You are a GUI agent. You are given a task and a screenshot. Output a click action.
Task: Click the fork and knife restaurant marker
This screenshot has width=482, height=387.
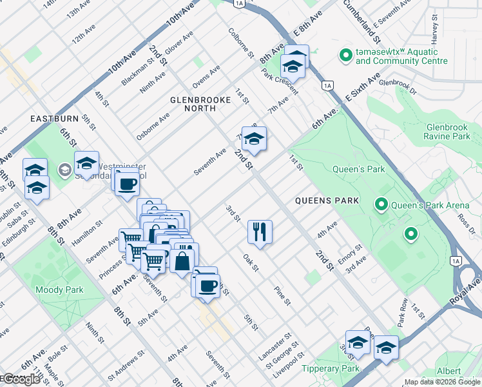click(260, 232)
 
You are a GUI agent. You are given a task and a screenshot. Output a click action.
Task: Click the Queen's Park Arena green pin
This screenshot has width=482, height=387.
click(381, 205)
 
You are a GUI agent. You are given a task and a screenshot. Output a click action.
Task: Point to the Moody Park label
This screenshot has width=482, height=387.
click(59, 290)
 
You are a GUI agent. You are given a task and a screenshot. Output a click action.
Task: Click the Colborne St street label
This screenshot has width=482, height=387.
click(240, 43)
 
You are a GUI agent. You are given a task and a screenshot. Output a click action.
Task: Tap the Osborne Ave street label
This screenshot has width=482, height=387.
click(153, 126)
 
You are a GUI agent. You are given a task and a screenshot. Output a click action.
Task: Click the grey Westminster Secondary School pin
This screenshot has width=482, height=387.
click(64, 170)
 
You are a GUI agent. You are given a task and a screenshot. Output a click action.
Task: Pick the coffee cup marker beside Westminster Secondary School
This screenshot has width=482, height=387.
click(129, 184)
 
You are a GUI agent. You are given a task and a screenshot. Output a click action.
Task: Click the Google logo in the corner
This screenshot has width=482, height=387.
click(21, 379)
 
